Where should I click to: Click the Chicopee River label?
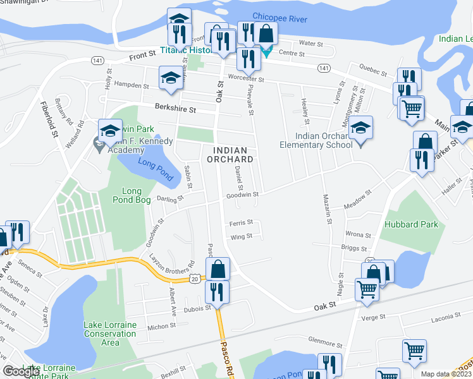pyautogui.click(x=279, y=18)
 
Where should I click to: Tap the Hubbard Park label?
pyautogui.click(x=403, y=224)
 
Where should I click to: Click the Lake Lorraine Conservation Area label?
pyautogui.click(x=110, y=334)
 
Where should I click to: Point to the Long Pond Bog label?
pyautogui.click(x=132, y=196)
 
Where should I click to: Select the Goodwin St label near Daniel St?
pyautogui.click(x=243, y=195)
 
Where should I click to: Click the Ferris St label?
pyautogui.click(x=241, y=222)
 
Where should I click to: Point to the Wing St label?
pyautogui.click(x=242, y=236)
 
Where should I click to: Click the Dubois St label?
pyautogui.click(x=197, y=308)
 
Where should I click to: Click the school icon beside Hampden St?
pyautogui.click(x=169, y=78)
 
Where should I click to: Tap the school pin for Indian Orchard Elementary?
pyautogui.click(x=361, y=129)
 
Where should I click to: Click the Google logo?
pyautogui.click(x=21, y=371)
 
